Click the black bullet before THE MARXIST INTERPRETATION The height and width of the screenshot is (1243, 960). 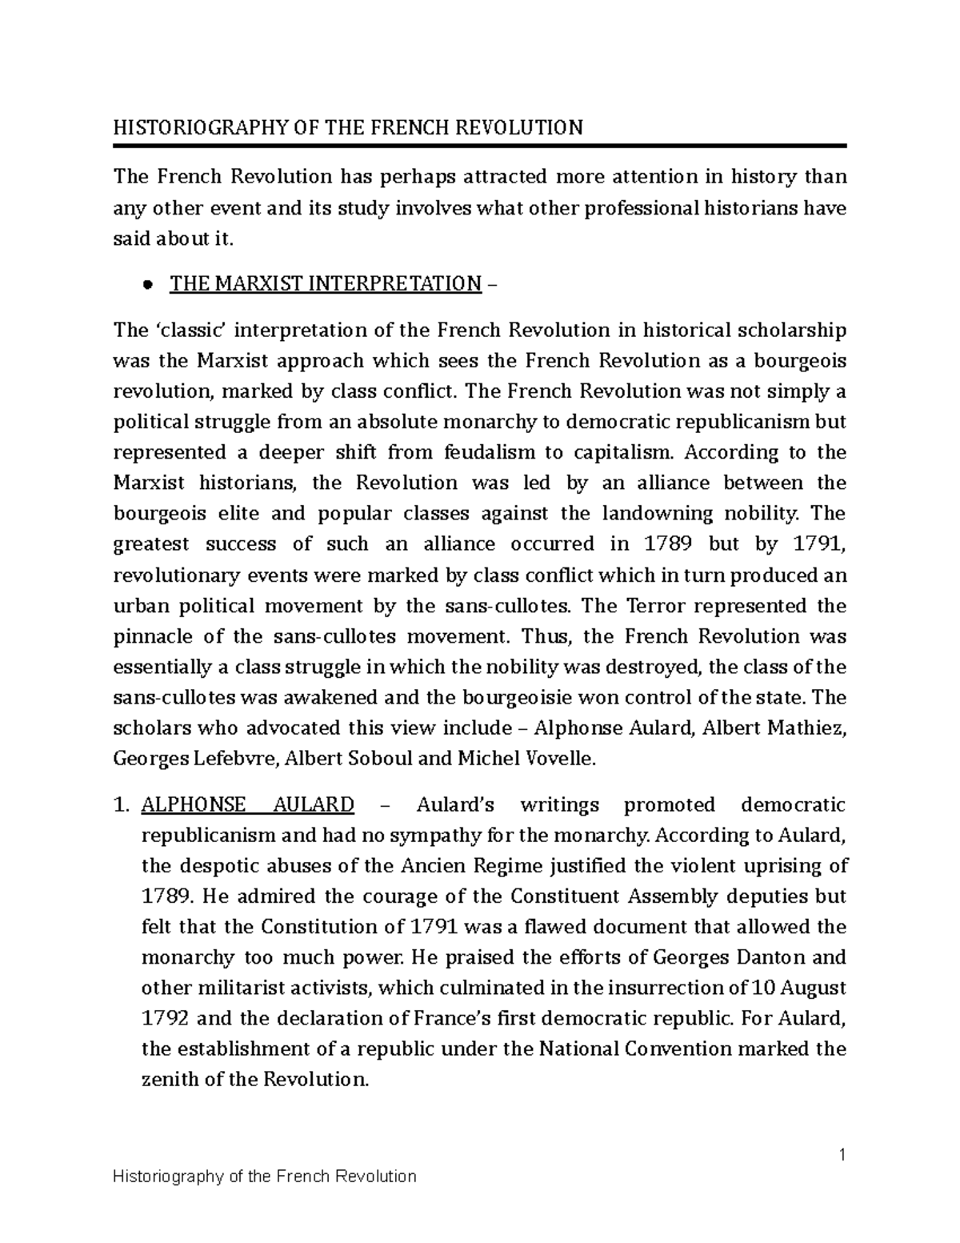coord(146,285)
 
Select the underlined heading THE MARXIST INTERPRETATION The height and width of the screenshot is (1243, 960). coord(326,284)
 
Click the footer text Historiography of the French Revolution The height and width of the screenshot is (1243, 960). coord(265,1176)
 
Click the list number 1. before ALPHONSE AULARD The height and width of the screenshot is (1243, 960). coord(122,804)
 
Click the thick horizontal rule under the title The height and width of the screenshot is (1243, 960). coord(480,146)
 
